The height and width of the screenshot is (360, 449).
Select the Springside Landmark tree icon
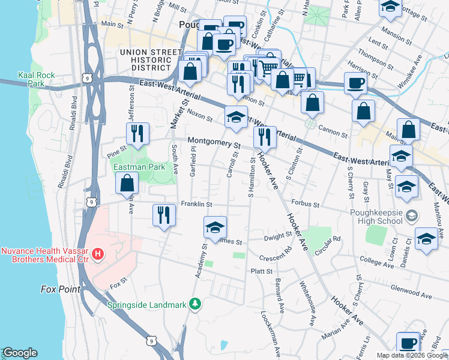point(194,304)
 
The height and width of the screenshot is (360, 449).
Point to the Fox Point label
point(61,289)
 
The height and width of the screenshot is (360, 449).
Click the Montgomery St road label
point(214,144)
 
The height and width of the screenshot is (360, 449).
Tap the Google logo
point(20,353)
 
